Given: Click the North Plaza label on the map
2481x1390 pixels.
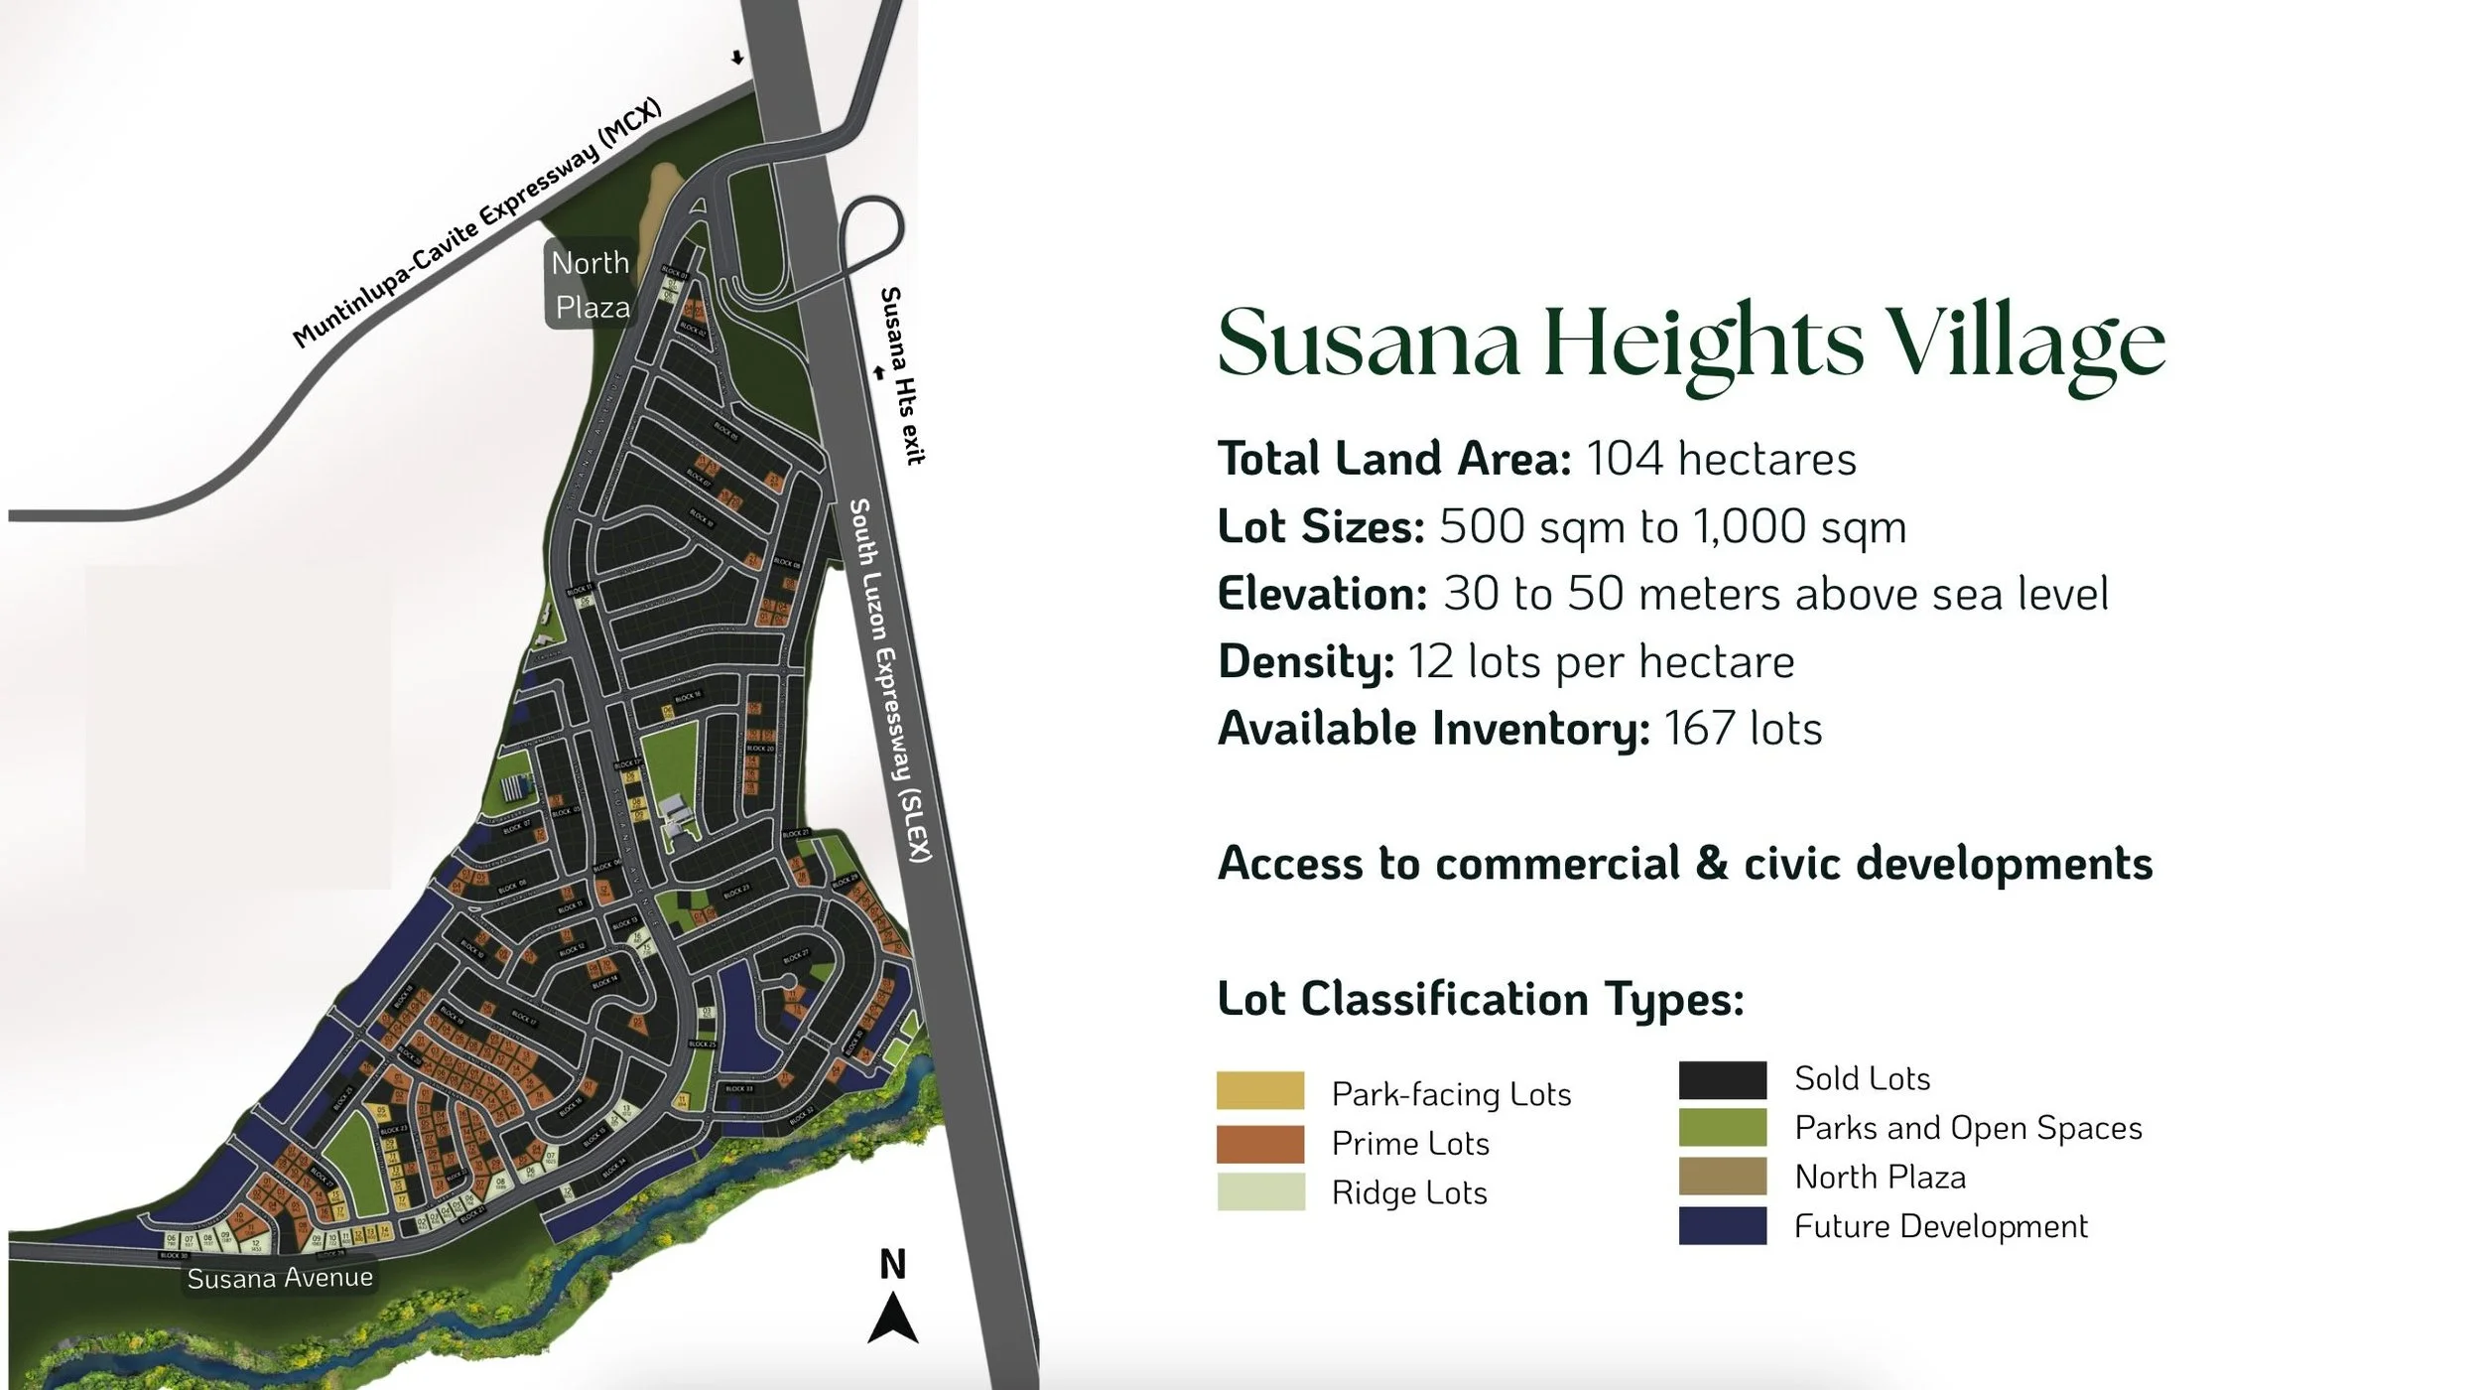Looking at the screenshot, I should tap(591, 285).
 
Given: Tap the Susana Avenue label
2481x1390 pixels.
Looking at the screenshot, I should tap(280, 1277).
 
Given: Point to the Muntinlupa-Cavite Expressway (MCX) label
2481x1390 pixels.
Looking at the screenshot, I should tap(476, 225).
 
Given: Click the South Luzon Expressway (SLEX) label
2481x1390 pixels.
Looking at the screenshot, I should tap(890, 680).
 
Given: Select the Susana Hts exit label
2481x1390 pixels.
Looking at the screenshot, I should tap(902, 375).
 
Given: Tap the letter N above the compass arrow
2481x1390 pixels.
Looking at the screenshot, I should tap(892, 1265).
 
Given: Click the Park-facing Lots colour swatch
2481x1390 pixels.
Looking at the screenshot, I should tap(1260, 1090).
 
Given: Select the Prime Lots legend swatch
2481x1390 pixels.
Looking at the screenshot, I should tap(1260, 1143).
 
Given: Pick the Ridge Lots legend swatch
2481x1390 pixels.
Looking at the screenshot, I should tap(1260, 1191).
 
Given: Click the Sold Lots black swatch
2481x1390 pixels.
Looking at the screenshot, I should tap(1723, 1079).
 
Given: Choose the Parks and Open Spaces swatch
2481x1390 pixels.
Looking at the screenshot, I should tap(1723, 1128).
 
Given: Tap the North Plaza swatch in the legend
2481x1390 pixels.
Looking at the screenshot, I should tap(1723, 1177).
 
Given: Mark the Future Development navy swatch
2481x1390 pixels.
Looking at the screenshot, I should tap(1723, 1225).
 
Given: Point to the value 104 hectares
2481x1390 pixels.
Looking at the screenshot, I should tap(1721, 460).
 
